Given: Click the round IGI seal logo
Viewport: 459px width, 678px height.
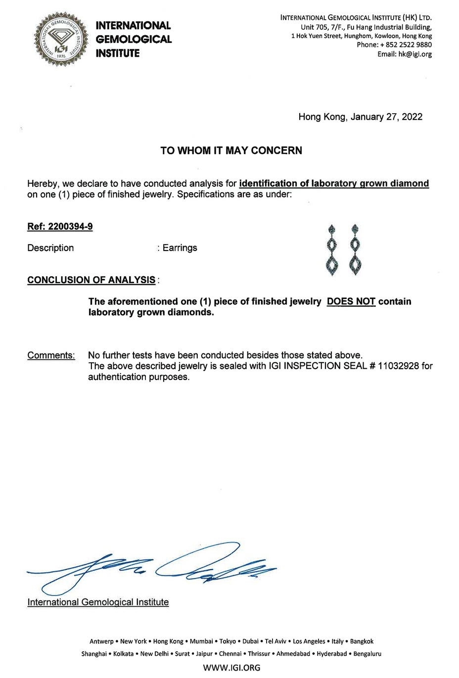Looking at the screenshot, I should point(57,39).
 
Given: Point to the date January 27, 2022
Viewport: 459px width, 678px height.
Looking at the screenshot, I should point(386,117).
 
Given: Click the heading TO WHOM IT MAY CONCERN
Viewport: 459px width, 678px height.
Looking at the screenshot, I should point(231,151).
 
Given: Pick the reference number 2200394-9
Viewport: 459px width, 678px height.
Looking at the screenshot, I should point(70,227).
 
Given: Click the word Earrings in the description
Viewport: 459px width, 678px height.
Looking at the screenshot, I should point(180,248).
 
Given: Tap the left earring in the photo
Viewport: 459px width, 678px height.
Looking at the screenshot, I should point(332,250).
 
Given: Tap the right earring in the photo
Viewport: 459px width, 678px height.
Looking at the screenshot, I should point(354,250).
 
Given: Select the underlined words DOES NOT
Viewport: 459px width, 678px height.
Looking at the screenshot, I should point(351,301).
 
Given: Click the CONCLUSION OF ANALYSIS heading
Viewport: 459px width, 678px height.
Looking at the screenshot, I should point(92,280).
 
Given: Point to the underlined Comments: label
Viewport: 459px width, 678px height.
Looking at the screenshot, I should point(51,355).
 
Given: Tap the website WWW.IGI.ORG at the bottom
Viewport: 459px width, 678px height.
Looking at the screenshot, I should point(231,668).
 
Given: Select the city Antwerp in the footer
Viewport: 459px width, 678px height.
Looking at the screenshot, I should point(101,641).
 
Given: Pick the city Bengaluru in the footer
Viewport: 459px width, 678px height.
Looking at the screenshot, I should point(367,654).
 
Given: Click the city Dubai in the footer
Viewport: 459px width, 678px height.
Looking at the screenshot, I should point(250,641).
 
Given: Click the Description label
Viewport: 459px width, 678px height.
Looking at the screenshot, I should point(50,248).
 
